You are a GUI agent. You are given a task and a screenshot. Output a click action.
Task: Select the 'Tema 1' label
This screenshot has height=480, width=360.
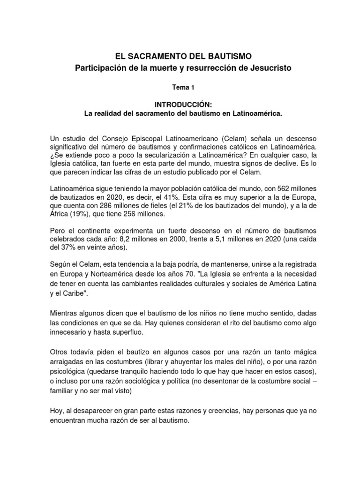180,87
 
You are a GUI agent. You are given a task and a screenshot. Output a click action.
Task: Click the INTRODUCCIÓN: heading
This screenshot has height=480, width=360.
180,105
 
